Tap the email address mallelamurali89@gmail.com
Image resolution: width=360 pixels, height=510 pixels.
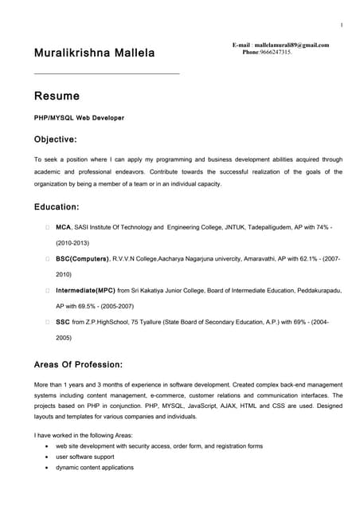[x=291, y=45]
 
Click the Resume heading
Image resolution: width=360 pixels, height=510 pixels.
[x=57, y=96]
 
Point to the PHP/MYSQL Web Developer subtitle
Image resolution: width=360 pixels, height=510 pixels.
[x=79, y=117]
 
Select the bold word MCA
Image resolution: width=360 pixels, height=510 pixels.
[x=63, y=227]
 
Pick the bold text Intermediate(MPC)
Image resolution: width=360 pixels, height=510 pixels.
[x=85, y=291]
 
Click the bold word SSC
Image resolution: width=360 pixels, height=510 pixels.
[x=62, y=322]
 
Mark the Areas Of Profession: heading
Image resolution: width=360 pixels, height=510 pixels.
[x=78, y=364]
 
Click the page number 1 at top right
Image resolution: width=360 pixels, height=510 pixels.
[x=341, y=25]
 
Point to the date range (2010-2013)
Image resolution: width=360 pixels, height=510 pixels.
[x=72, y=242]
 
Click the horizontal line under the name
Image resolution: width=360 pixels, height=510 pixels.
[x=107, y=74]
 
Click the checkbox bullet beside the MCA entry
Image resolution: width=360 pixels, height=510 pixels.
[x=48, y=227]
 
